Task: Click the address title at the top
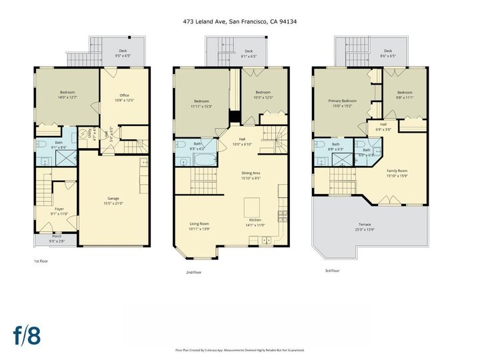click(240, 21)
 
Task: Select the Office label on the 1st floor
click(125, 97)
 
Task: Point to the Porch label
click(56, 238)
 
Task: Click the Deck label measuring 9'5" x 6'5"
click(123, 53)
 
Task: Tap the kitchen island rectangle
click(251, 203)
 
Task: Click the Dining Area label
click(251, 175)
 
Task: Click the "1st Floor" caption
click(41, 261)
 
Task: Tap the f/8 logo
click(27, 336)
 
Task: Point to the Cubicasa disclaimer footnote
click(240, 349)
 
